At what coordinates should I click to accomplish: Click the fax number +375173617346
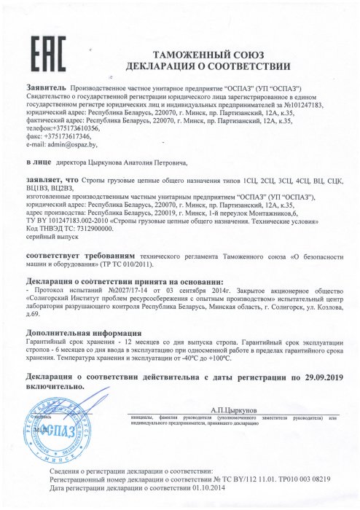click(x=67, y=136)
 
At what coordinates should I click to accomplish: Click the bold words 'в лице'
click(x=37, y=162)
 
